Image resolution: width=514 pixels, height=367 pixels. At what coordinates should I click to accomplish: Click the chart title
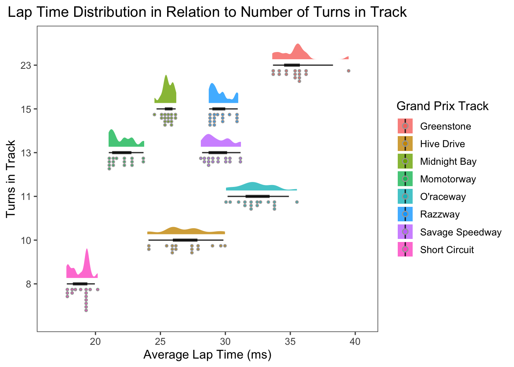pyautogui.click(x=207, y=12)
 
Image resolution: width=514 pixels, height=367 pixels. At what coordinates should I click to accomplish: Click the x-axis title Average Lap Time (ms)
pyautogui.click(x=207, y=355)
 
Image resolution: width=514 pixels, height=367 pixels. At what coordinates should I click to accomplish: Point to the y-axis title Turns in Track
pyautogui.click(x=11, y=179)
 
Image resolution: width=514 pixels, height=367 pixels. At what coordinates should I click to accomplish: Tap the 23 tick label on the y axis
pyautogui.click(x=26, y=65)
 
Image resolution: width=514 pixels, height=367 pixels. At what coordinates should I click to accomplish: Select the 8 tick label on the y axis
pyautogui.click(x=28, y=284)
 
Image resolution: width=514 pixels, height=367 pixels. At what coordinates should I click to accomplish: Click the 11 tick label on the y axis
pyautogui.click(x=26, y=196)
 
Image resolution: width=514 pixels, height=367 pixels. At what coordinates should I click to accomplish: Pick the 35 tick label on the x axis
pyautogui.click(x=290, y=341)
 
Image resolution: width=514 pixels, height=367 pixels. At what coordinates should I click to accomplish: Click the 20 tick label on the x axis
pyautogui.click(x=95, y=341)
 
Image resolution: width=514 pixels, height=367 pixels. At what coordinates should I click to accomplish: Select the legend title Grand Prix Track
pyautogui.click(x=442, y=106)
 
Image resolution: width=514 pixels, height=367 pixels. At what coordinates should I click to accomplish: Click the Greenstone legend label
pyautogui.click(x=445, y=127)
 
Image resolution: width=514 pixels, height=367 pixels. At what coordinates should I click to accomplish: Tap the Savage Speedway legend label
pyautogui.click(x=460, y=232)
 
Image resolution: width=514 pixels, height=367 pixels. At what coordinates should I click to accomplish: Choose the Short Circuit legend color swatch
pyautogui.click(x=405, y=250)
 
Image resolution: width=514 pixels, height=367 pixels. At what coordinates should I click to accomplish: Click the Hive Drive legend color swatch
pyautogui.click(x=405, y=144)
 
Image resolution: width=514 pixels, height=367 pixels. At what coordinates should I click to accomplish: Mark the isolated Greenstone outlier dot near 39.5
pyautogui.click(x=348, y=71)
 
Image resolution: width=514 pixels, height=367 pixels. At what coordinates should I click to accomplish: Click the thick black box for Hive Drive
pyautogui.click(x=185, y=240)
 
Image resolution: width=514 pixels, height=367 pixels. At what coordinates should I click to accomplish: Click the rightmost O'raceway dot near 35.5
pyautogui.click(x=297, y=202)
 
